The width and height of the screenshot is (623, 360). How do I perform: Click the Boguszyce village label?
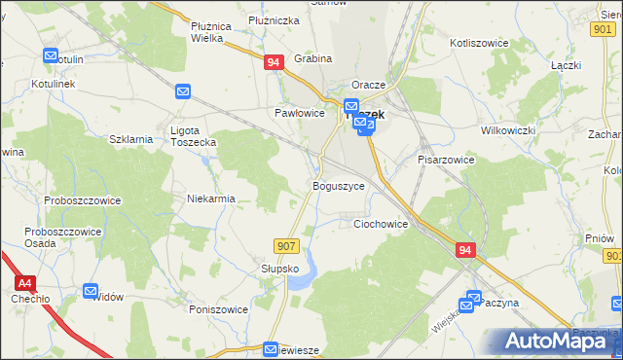tap(338, 185)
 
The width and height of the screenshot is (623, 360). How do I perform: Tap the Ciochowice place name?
tap(380, 224)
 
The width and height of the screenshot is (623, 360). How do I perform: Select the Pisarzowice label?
tap(446, 160)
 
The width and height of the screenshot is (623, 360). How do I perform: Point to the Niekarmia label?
tap(211, 199)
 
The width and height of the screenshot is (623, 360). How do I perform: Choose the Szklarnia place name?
tap(131, 139)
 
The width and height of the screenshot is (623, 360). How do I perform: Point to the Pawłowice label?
tap(298, 113)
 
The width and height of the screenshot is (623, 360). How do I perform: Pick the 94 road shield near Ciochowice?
tap(464, 250)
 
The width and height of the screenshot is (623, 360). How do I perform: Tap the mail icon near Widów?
tap(91, 290)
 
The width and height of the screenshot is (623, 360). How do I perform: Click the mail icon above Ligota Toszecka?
tap(183, 92)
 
